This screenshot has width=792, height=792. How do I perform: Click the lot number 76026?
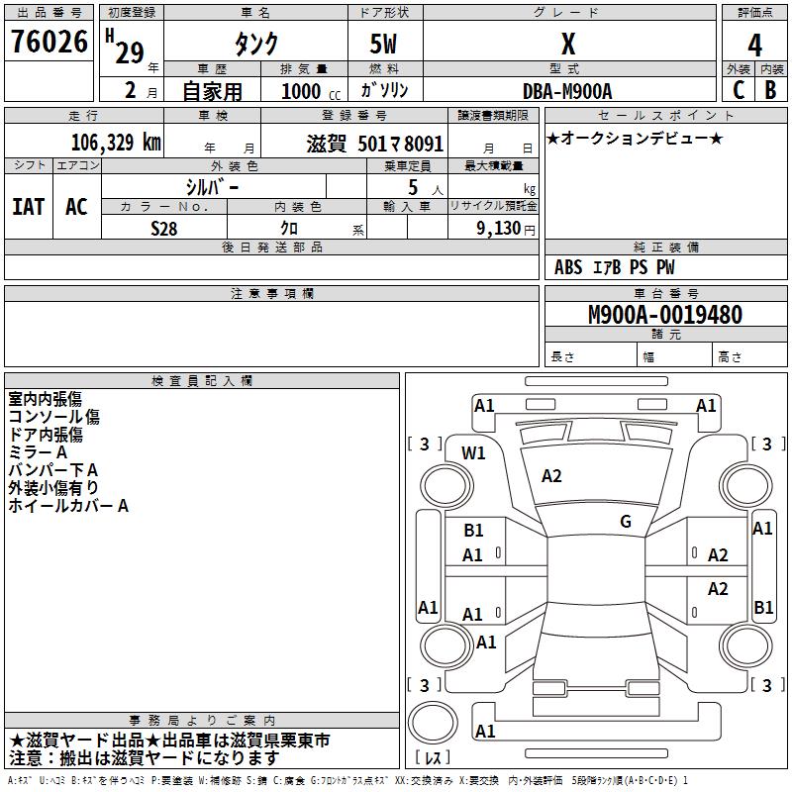tap(49, 44)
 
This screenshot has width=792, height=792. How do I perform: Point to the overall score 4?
tap(754, 46)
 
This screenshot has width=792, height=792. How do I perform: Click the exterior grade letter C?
tap(738, 89)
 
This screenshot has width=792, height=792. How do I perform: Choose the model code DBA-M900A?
tap(567, 91)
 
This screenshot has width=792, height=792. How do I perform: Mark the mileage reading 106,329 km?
tap(116, 143)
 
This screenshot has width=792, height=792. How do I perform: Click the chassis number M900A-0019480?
tap(665, 316)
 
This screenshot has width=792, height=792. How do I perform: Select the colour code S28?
tap(164, 228)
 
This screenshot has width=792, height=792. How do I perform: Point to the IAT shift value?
tap(28, 207)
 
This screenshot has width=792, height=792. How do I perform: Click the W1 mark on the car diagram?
tap(474, 453)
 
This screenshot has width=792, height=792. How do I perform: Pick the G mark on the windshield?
tap(626, 522)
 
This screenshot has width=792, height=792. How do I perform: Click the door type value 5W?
tap(384, 45)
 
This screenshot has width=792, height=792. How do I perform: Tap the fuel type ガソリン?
tap(384, 91)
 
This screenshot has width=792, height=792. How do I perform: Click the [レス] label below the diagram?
tap(433, 758)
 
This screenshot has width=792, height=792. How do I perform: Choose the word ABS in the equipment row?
tap(568, 267)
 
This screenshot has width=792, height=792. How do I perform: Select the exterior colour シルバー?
tap(212, 186)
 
